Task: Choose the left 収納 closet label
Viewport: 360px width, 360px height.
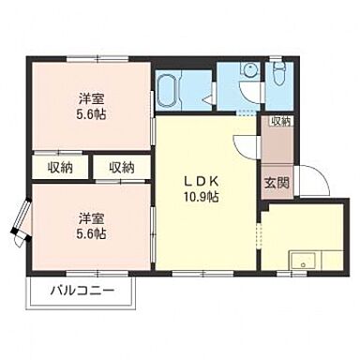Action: point(60,168)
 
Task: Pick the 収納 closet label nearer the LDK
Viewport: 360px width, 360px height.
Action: point(119,168)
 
